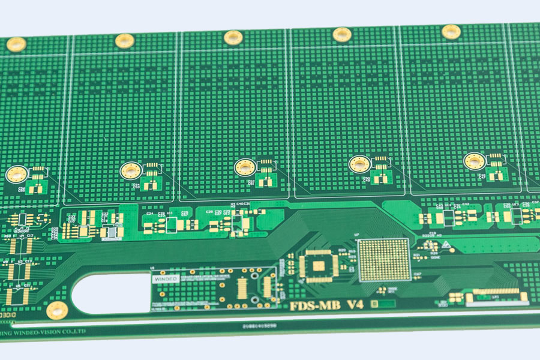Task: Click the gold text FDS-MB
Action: (x=315, y=305)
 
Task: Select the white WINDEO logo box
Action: (x=164, y=279)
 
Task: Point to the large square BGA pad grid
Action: (x=383, y=260)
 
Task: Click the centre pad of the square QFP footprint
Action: (x=319, y=265)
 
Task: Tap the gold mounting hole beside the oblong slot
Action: (x=57, y=309)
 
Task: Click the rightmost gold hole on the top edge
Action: (x=451, y=31)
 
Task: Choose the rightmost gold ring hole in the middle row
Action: (x=474, y=160)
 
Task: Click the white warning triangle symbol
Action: (x=446, y=245)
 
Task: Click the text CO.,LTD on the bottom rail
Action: (x=76, y=331)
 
